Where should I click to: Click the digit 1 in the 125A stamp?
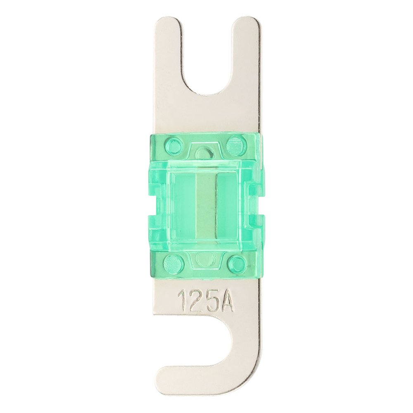183,301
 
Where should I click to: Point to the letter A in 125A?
226,301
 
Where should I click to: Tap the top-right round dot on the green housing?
236,144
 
